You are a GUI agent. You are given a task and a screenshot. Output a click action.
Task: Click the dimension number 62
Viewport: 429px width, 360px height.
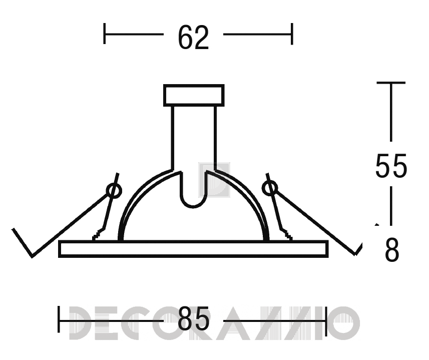193,38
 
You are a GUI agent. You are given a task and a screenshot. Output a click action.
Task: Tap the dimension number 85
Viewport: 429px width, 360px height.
193,318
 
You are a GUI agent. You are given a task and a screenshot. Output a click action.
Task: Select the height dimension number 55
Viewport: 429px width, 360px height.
391,166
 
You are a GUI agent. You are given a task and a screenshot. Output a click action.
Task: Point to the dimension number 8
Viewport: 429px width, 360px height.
392,250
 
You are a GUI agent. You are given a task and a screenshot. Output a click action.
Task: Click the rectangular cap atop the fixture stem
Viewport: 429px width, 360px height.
194,95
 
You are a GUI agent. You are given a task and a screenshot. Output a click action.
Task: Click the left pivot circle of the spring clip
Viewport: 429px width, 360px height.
114,190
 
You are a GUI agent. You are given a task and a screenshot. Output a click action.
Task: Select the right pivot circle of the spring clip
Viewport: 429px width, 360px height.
270,188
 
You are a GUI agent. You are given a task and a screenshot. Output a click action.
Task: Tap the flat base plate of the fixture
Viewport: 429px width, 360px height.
193,249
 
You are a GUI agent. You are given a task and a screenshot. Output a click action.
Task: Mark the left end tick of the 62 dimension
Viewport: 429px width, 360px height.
105,34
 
